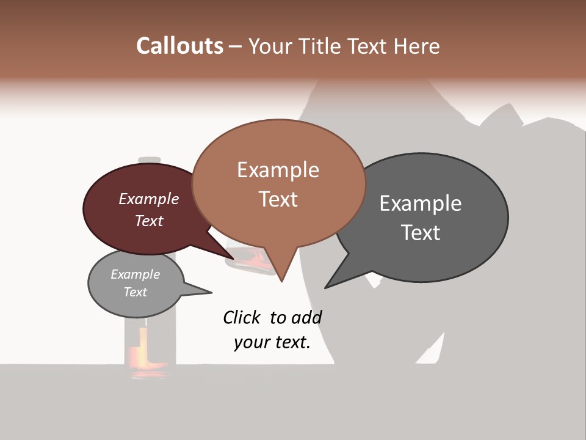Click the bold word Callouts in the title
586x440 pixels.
[x=179, y=46]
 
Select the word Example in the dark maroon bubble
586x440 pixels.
[x=149, y=199]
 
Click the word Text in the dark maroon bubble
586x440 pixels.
[x=149, y=221]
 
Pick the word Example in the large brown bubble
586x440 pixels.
[x=278, y=169]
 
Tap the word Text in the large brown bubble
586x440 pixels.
[x=278, y=199]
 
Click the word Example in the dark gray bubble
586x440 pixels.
[x=421, y=203]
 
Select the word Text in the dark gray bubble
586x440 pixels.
[x=421, y=232]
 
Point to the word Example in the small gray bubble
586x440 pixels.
[x=135, y=274]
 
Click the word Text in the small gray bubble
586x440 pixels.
[x=135, y=292]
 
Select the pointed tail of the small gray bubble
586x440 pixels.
[x=204, y=291]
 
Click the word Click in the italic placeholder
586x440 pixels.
[x=241, y=317]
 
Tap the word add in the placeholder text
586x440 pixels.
[x=306, y=317]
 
